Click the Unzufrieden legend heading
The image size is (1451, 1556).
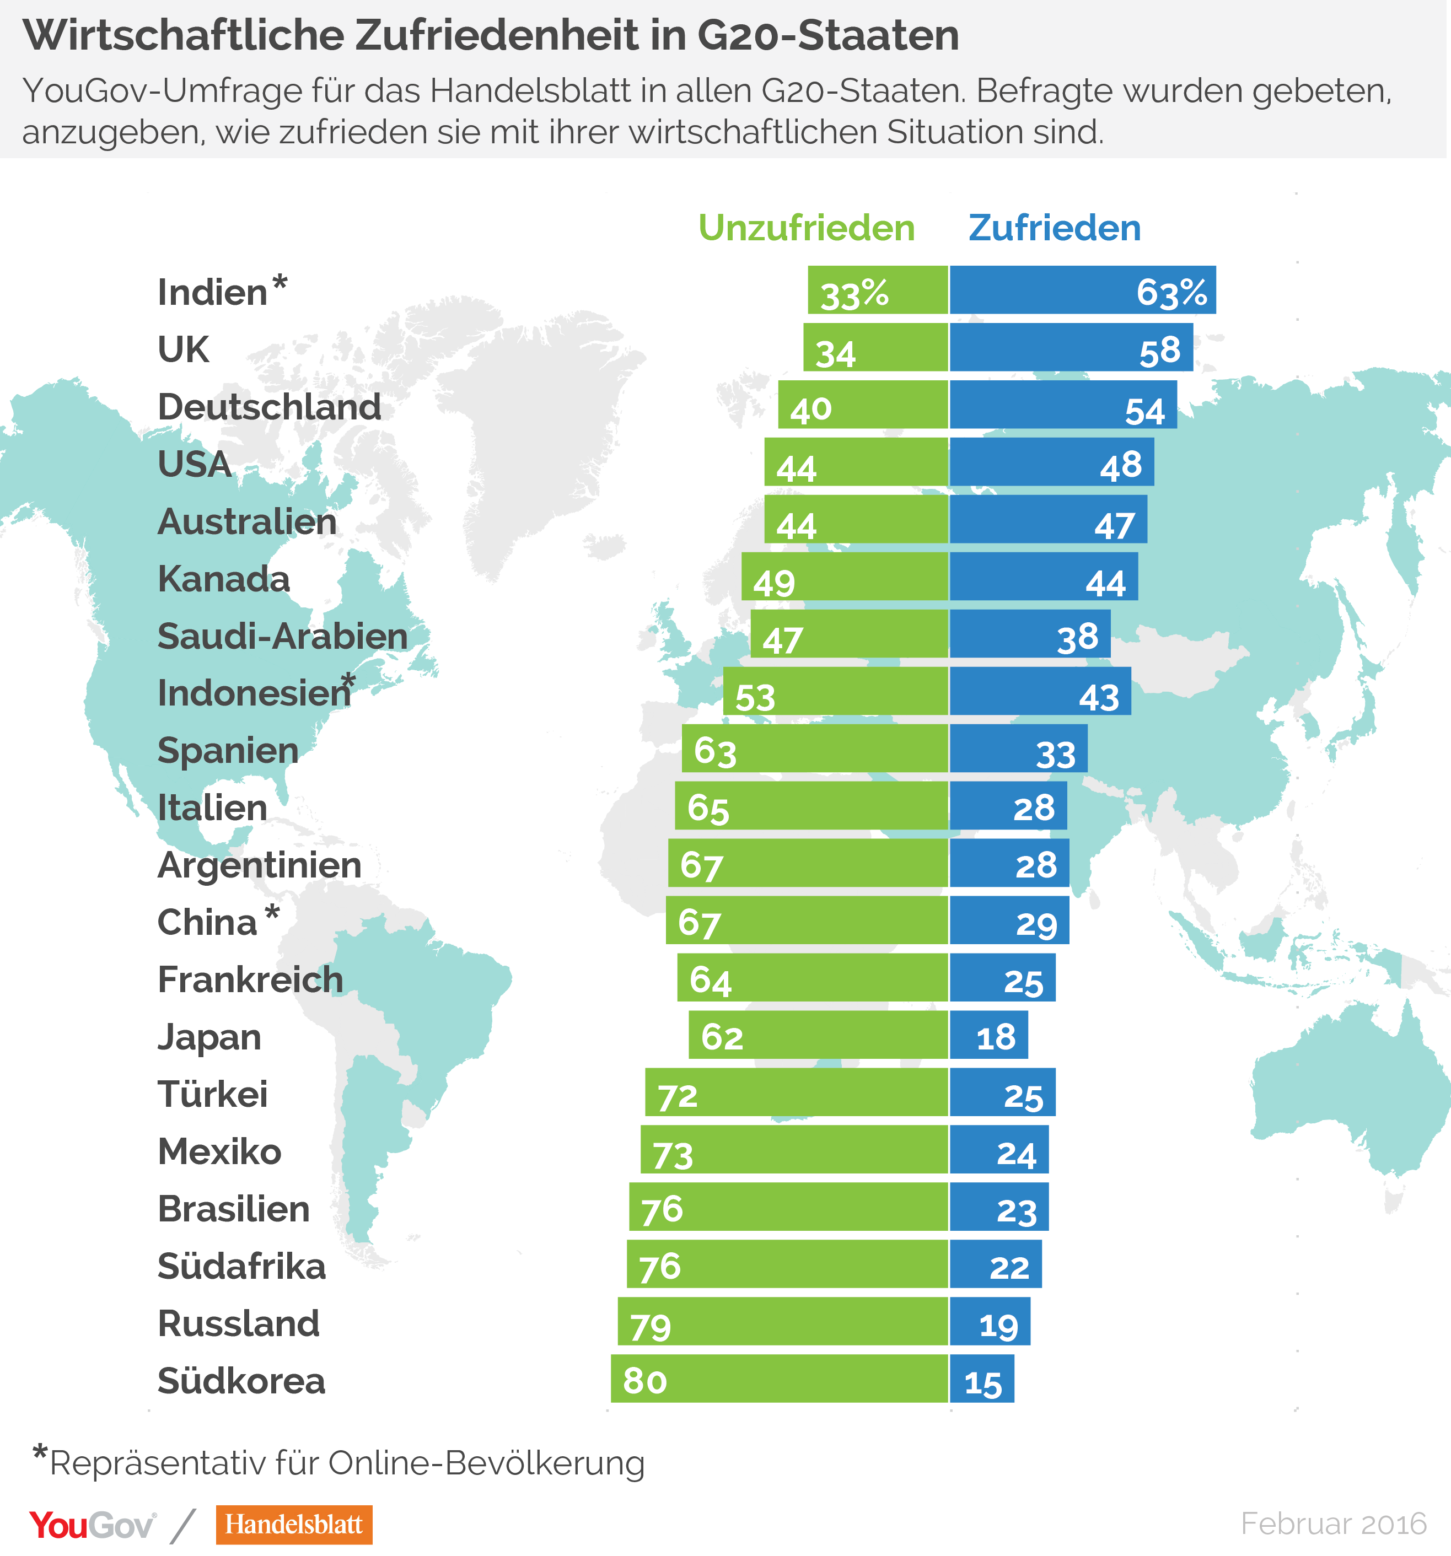tap(806, 229)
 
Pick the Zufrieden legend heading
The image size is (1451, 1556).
tap(1054, 229)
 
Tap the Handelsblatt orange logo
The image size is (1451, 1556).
tap(294, 1524)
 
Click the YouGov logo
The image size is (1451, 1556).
tap(93, 1525)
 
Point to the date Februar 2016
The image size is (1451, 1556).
tap(1333, 1523)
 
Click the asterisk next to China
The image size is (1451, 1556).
tap(272, 912)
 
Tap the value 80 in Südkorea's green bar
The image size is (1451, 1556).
tap(644, 1381)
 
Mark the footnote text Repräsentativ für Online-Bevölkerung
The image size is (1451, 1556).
tap(347, 1463)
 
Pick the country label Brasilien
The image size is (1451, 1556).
tap(233, 1209)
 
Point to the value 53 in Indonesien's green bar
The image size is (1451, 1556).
tap(755, 697)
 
